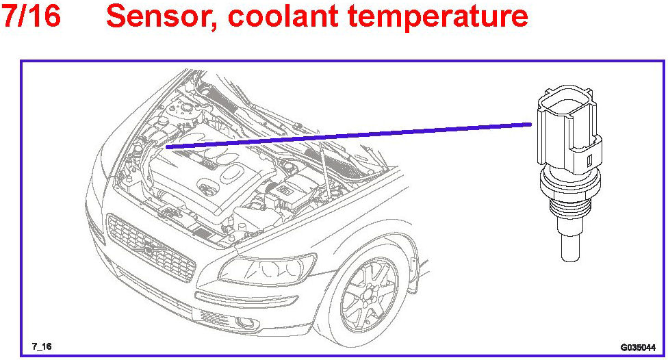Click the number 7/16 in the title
click(x=31, y=16)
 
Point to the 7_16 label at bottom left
click(x=42, y=346)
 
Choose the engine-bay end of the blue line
click(x=168, y=146)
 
